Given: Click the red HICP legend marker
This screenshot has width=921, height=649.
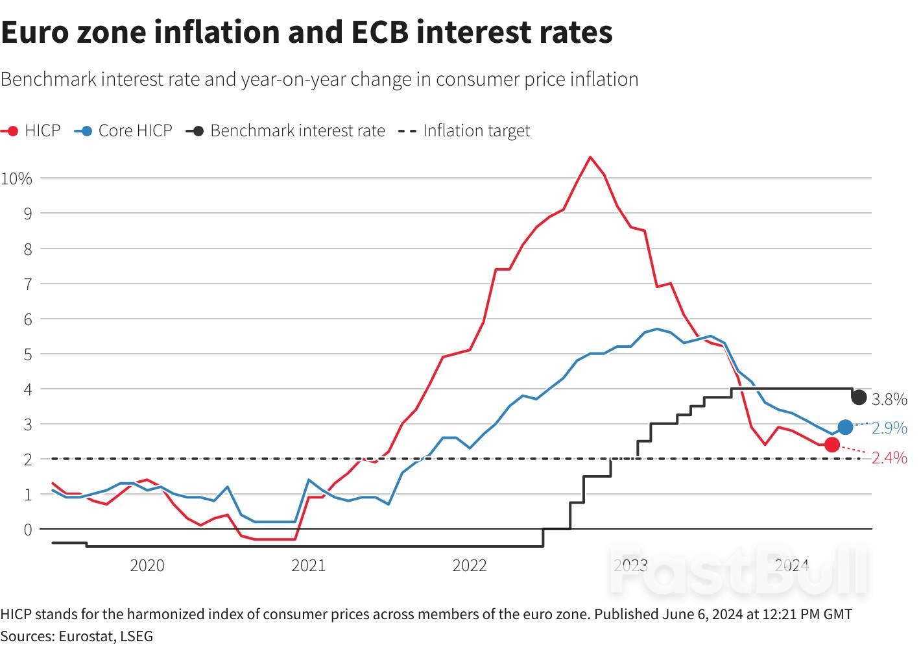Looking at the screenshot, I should tap(10, 131).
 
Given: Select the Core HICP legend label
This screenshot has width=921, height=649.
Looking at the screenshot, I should tap(135, 131).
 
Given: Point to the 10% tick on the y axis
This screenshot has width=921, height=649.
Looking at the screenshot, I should tap(16, 178).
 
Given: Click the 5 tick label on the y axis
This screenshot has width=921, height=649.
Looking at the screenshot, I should tap(27, 354).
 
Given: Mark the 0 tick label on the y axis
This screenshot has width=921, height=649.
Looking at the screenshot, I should tap(27, 530).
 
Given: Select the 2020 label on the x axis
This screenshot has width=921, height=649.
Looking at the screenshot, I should tap(147, 565).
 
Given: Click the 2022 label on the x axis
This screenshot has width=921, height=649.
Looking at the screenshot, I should tap(470, 565).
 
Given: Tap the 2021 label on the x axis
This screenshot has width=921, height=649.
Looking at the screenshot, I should tap(309, 565).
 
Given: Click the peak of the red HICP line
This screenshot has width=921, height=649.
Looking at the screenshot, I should tap(590, 157).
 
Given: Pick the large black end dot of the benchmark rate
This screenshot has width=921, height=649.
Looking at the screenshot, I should tap(859, 397).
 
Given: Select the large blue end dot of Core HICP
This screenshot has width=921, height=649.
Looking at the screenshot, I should tap(845, 426).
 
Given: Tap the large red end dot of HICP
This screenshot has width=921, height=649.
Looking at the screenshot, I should tap(832, 445).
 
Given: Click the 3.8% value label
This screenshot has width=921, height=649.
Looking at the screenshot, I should tap(889, 400).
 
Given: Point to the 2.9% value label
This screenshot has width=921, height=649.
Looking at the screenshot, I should tap(889, 428).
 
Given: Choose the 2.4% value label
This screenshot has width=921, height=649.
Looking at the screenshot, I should tap(889, 458).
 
